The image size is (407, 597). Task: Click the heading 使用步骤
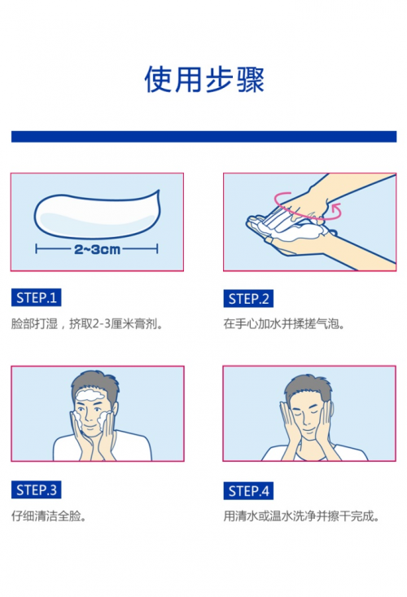pyautogui.click(x=204, y=80)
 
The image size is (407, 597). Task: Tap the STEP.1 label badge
pyautogui.click(x=36, y=297)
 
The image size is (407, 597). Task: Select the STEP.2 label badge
pyautogui.click(x=248, y=299)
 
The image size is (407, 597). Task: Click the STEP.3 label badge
pyautogui.click(x=36, y=489)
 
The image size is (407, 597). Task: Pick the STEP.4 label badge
pyautogui.click(x=248, y=491)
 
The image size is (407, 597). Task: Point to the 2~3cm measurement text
pyautogui.click(x=97, y=249)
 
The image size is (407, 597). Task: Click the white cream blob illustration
pyautogui.click(x=97, y=215)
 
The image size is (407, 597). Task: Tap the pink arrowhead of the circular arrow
pyautogui.click(x=335, y=208)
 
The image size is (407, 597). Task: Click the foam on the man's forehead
pyautogui.click(x=90, y=395)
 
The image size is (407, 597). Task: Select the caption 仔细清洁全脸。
pyautogui.click(x=49, y=516)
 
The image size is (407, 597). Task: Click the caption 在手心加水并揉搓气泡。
pyautogui.click(x=284, y=323)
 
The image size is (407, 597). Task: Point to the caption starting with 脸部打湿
pyautogui.click(x=87, y=323)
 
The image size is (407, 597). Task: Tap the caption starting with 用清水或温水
pyautogui.click(x=301, y=516)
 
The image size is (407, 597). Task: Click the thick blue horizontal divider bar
pyautogui.click(x=203, y=136)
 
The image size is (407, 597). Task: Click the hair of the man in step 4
pyautogui.click(x=308, y=384)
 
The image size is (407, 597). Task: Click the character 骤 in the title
pyautogui.click(x=250, y=80)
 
